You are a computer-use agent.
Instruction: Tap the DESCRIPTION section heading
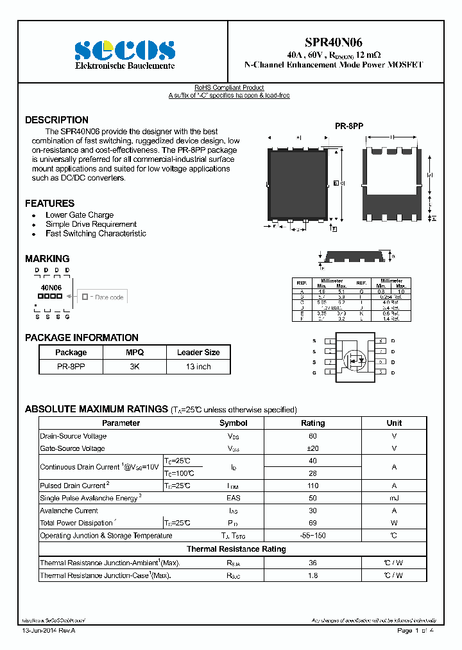tap(56, 120)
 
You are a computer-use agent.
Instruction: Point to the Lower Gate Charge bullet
tap(80, 215)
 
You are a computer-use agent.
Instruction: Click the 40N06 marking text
tap(51, 288)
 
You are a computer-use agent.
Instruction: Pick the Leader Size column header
tap(198, 353)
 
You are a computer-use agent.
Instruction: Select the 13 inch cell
tap(198, 367)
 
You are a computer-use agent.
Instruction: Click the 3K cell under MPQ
tap(135, 367)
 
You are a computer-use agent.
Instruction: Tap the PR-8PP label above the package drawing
tap(349, 127)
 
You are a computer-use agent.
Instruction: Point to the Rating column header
tap(313, 423)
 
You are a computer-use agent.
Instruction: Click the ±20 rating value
tap(313, 448)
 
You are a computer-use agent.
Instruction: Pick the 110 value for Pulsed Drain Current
tap(313, 486)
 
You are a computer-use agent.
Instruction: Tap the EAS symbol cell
tap(233, 498)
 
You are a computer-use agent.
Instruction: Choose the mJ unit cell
tap(394, 498)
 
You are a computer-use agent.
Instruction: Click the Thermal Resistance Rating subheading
tap(236, 549)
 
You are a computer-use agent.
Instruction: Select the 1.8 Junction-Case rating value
tap(313, 575)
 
